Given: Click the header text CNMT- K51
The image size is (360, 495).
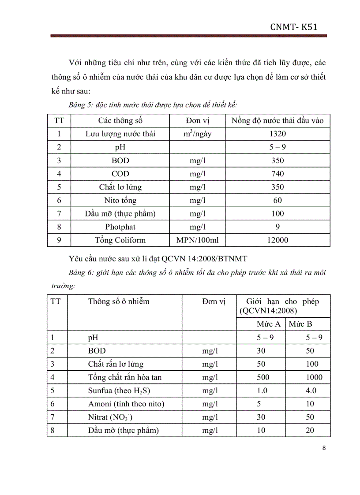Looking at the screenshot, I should pos(294,28).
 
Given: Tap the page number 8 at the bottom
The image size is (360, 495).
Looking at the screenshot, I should pos(324,448).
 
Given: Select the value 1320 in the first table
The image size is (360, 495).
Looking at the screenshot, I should pos(278,134).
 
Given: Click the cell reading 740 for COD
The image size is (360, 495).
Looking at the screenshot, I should pos(278,174).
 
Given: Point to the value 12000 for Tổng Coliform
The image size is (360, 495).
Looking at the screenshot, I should pos(278,240).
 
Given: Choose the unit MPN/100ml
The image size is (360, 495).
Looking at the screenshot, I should pos(198,240).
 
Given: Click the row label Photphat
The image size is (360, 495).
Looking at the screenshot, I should pos(120,227).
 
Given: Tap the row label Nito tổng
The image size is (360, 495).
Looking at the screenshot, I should pos(120,201).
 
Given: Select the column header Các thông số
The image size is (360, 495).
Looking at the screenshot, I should pos(120,120).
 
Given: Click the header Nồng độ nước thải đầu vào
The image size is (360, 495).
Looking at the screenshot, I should pos(278,120).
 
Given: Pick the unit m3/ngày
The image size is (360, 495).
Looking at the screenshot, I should pos(198,134).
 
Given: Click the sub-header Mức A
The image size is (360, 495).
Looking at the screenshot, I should pos(269,324).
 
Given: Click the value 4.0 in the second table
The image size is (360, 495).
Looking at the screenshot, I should pos(311,391).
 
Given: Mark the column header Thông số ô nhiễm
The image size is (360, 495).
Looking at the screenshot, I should pos(119,301).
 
